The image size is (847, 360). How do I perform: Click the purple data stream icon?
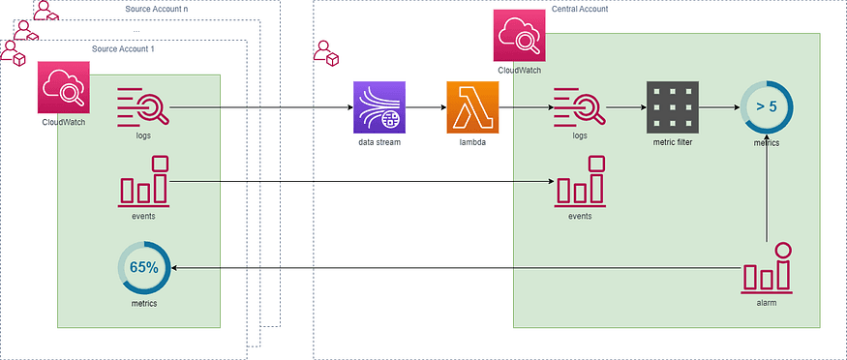tap(379, 106)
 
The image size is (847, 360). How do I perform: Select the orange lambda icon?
tap(472, 106)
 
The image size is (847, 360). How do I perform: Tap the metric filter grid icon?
tap(672, 106)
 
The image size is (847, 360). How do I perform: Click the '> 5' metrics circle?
tap(767, 106)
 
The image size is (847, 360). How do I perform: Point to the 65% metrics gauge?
tap(143, 268)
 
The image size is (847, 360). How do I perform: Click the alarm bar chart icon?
tap(767, 268)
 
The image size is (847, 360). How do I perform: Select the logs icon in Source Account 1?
tap(143, 106)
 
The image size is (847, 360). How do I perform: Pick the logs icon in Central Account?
tap(579, 106)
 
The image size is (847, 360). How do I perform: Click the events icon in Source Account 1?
tap(143, 181)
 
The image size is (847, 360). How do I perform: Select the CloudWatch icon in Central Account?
tap(520, 36)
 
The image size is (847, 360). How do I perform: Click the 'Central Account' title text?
tap(580, 8)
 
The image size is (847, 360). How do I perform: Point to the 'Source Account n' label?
tap(158, 8)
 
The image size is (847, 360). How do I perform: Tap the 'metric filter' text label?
tap(672, 140)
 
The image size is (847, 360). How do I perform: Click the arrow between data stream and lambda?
tap(426, 107)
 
